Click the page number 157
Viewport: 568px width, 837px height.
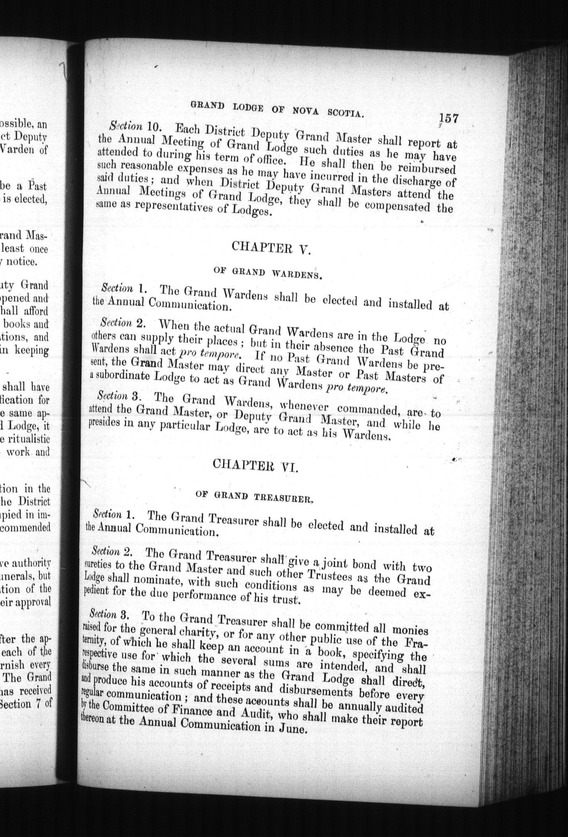tap(448, 118)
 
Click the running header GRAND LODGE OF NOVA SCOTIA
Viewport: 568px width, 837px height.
tap(277, 109)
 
